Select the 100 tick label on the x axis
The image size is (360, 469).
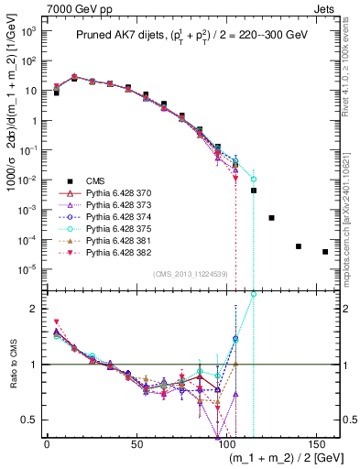[x=225, y=443]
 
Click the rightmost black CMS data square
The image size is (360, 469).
[x=325, y=252]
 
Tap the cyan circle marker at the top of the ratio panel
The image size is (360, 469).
[x=254, y=294]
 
